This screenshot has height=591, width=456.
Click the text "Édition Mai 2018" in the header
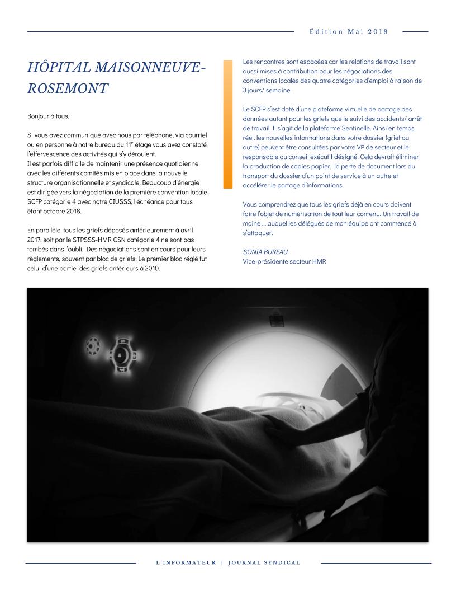point(348,31)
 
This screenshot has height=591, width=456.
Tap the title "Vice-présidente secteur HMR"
point(284,261)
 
